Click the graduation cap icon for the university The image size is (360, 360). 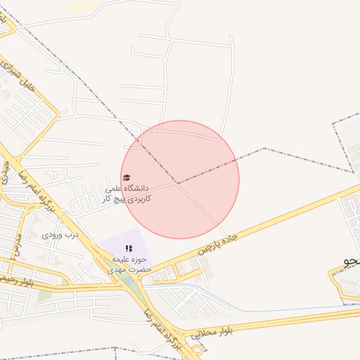point(127,178)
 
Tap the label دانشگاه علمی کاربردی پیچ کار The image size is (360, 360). point(128,194)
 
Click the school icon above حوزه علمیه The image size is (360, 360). point(129,248)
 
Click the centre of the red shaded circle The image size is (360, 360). point(180,179)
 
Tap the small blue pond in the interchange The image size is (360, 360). point(129,281)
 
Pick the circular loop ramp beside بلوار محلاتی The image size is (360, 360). point(196,347)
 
